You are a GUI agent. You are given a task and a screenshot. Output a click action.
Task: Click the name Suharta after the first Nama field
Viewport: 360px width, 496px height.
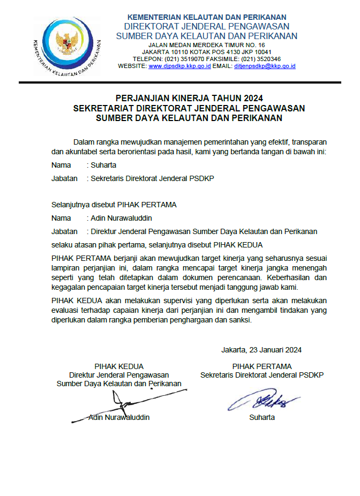point(103,165)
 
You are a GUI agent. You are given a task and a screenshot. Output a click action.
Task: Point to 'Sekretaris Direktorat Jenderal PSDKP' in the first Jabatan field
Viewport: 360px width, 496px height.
point(152,178)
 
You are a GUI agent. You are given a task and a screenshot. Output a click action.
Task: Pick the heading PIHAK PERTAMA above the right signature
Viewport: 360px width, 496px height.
point(262,366)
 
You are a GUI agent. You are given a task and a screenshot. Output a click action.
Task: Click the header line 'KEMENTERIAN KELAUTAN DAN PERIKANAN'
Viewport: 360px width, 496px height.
point(207,17)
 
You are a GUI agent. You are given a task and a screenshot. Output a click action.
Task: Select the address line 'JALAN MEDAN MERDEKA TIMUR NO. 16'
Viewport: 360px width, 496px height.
point(207,44)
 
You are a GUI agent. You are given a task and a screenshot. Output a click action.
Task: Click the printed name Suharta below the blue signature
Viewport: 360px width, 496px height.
point(262,417)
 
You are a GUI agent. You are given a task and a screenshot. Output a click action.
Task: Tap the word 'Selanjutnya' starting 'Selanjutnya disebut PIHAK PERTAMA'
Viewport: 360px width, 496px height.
point(70,205)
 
